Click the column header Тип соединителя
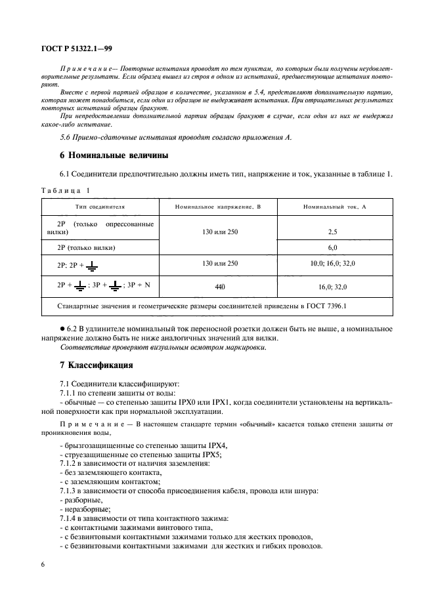(x=100, y=206)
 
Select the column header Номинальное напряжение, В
(x=218, y=206)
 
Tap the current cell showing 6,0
(x=332, y=247)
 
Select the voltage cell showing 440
(x=218, y=287)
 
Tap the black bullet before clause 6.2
(x=62, y=327)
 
